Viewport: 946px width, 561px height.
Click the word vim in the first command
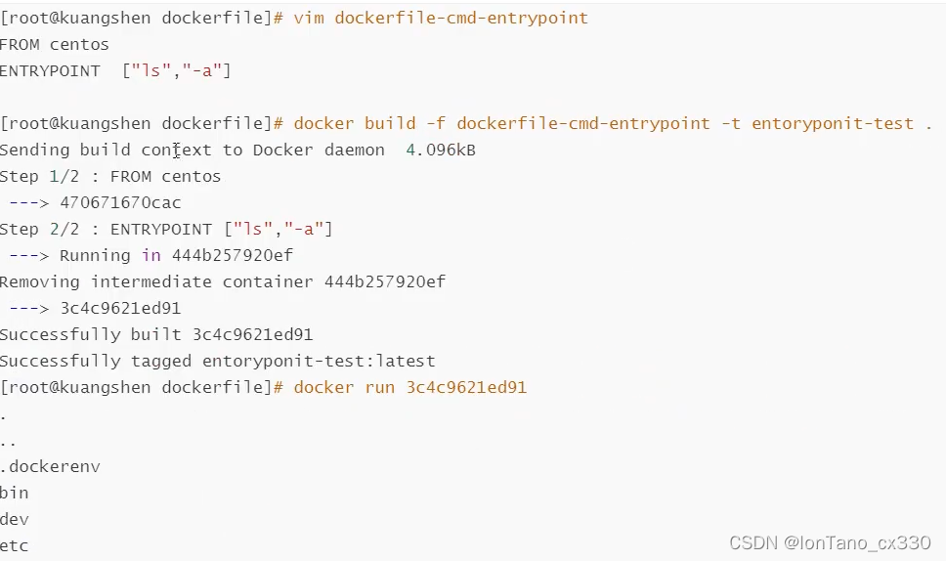click(x=309, y=18)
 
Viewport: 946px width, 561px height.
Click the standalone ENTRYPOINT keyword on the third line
click(x=50, y=70)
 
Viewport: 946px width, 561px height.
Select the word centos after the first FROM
click(x=79, y=44)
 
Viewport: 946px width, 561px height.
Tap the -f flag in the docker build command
click(x=436, y=123)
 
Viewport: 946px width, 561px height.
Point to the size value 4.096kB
click(x=441, y=150)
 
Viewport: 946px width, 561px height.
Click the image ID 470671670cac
click(x=120, y=202)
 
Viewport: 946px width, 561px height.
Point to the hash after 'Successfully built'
click(x=252, y=334)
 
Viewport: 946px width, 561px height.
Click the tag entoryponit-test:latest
click(x=319, y=361)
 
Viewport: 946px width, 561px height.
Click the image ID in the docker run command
click(x=466, y=387)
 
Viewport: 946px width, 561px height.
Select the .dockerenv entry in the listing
click(x=50, y=466)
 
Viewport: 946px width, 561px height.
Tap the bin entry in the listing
click(x=15, y=493)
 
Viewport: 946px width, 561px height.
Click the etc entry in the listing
click(x=15, y=545)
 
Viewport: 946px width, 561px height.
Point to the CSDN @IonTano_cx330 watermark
click(x=830, y=541)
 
